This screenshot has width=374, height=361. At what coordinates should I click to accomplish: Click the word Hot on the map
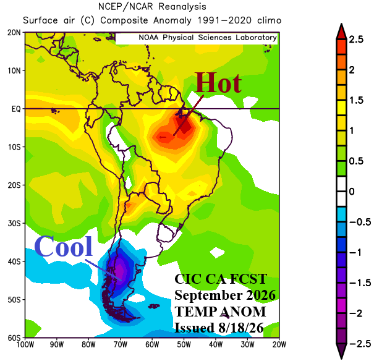tap(218, 83)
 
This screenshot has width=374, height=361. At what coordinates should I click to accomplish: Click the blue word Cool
tap(64, 246)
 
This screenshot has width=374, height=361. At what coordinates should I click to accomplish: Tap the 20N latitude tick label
tap(14, 32)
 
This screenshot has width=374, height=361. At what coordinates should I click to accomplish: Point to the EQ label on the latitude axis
tap(16, 109)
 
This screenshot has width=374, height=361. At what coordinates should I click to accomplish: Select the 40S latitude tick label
tap(14, 261)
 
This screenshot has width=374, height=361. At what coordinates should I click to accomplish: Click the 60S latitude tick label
tap(14, 338)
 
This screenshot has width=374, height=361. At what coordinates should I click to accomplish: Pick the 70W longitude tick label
tap(120, 344)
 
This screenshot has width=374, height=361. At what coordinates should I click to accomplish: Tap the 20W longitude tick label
tap(279, 344)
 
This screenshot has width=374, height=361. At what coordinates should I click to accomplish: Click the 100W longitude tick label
tap(25, 344)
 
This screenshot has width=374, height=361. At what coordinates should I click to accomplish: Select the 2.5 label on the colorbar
tap(356, 40)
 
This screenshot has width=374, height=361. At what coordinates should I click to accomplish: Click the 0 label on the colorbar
tap(352, 192)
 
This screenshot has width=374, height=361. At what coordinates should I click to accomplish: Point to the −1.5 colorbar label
tap(360, 282)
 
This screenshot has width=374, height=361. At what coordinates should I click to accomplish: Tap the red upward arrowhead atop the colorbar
tap(341, 32)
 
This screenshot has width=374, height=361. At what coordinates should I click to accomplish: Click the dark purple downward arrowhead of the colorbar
tap(341, 351)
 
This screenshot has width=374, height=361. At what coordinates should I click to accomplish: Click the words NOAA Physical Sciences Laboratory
tap(208, 38)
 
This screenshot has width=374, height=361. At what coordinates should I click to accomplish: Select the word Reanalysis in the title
tap(182, 7)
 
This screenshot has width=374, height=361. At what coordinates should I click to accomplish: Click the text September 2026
tap(225, 295)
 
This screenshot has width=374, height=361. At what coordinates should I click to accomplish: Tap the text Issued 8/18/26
tap(219, 328)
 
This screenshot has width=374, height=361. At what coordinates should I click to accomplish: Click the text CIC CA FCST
tap(221, 279)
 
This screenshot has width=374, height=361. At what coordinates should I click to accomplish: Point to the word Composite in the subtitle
tap(124, 20)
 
